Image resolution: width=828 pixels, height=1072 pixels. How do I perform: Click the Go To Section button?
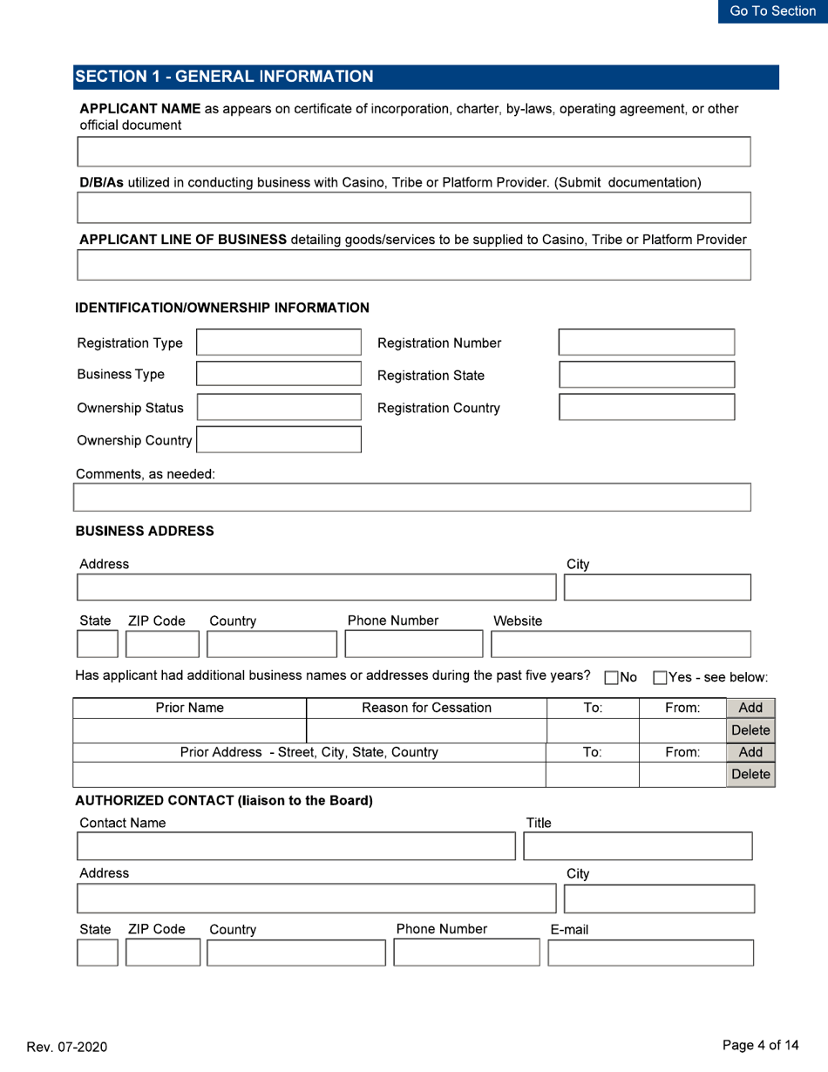(x=772, y=11)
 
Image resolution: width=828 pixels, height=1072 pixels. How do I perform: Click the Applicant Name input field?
(x=414, y=152)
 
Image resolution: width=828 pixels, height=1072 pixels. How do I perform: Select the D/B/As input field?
(x=414, y=208)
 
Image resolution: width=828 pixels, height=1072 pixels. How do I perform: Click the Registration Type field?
(x=279, y=343)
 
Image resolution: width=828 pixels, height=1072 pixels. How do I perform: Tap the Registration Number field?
(x=647, y=343)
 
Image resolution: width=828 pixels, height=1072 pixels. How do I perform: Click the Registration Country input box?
(x=647, y=408)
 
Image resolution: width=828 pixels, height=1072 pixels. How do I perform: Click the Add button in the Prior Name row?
(x=750, y=684)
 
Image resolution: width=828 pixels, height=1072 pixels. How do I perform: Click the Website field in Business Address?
(x=621, y=644)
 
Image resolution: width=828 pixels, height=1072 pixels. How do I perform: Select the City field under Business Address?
(x=657, y=587)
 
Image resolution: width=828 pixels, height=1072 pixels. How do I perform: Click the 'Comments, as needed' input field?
(x=411, y=498)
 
